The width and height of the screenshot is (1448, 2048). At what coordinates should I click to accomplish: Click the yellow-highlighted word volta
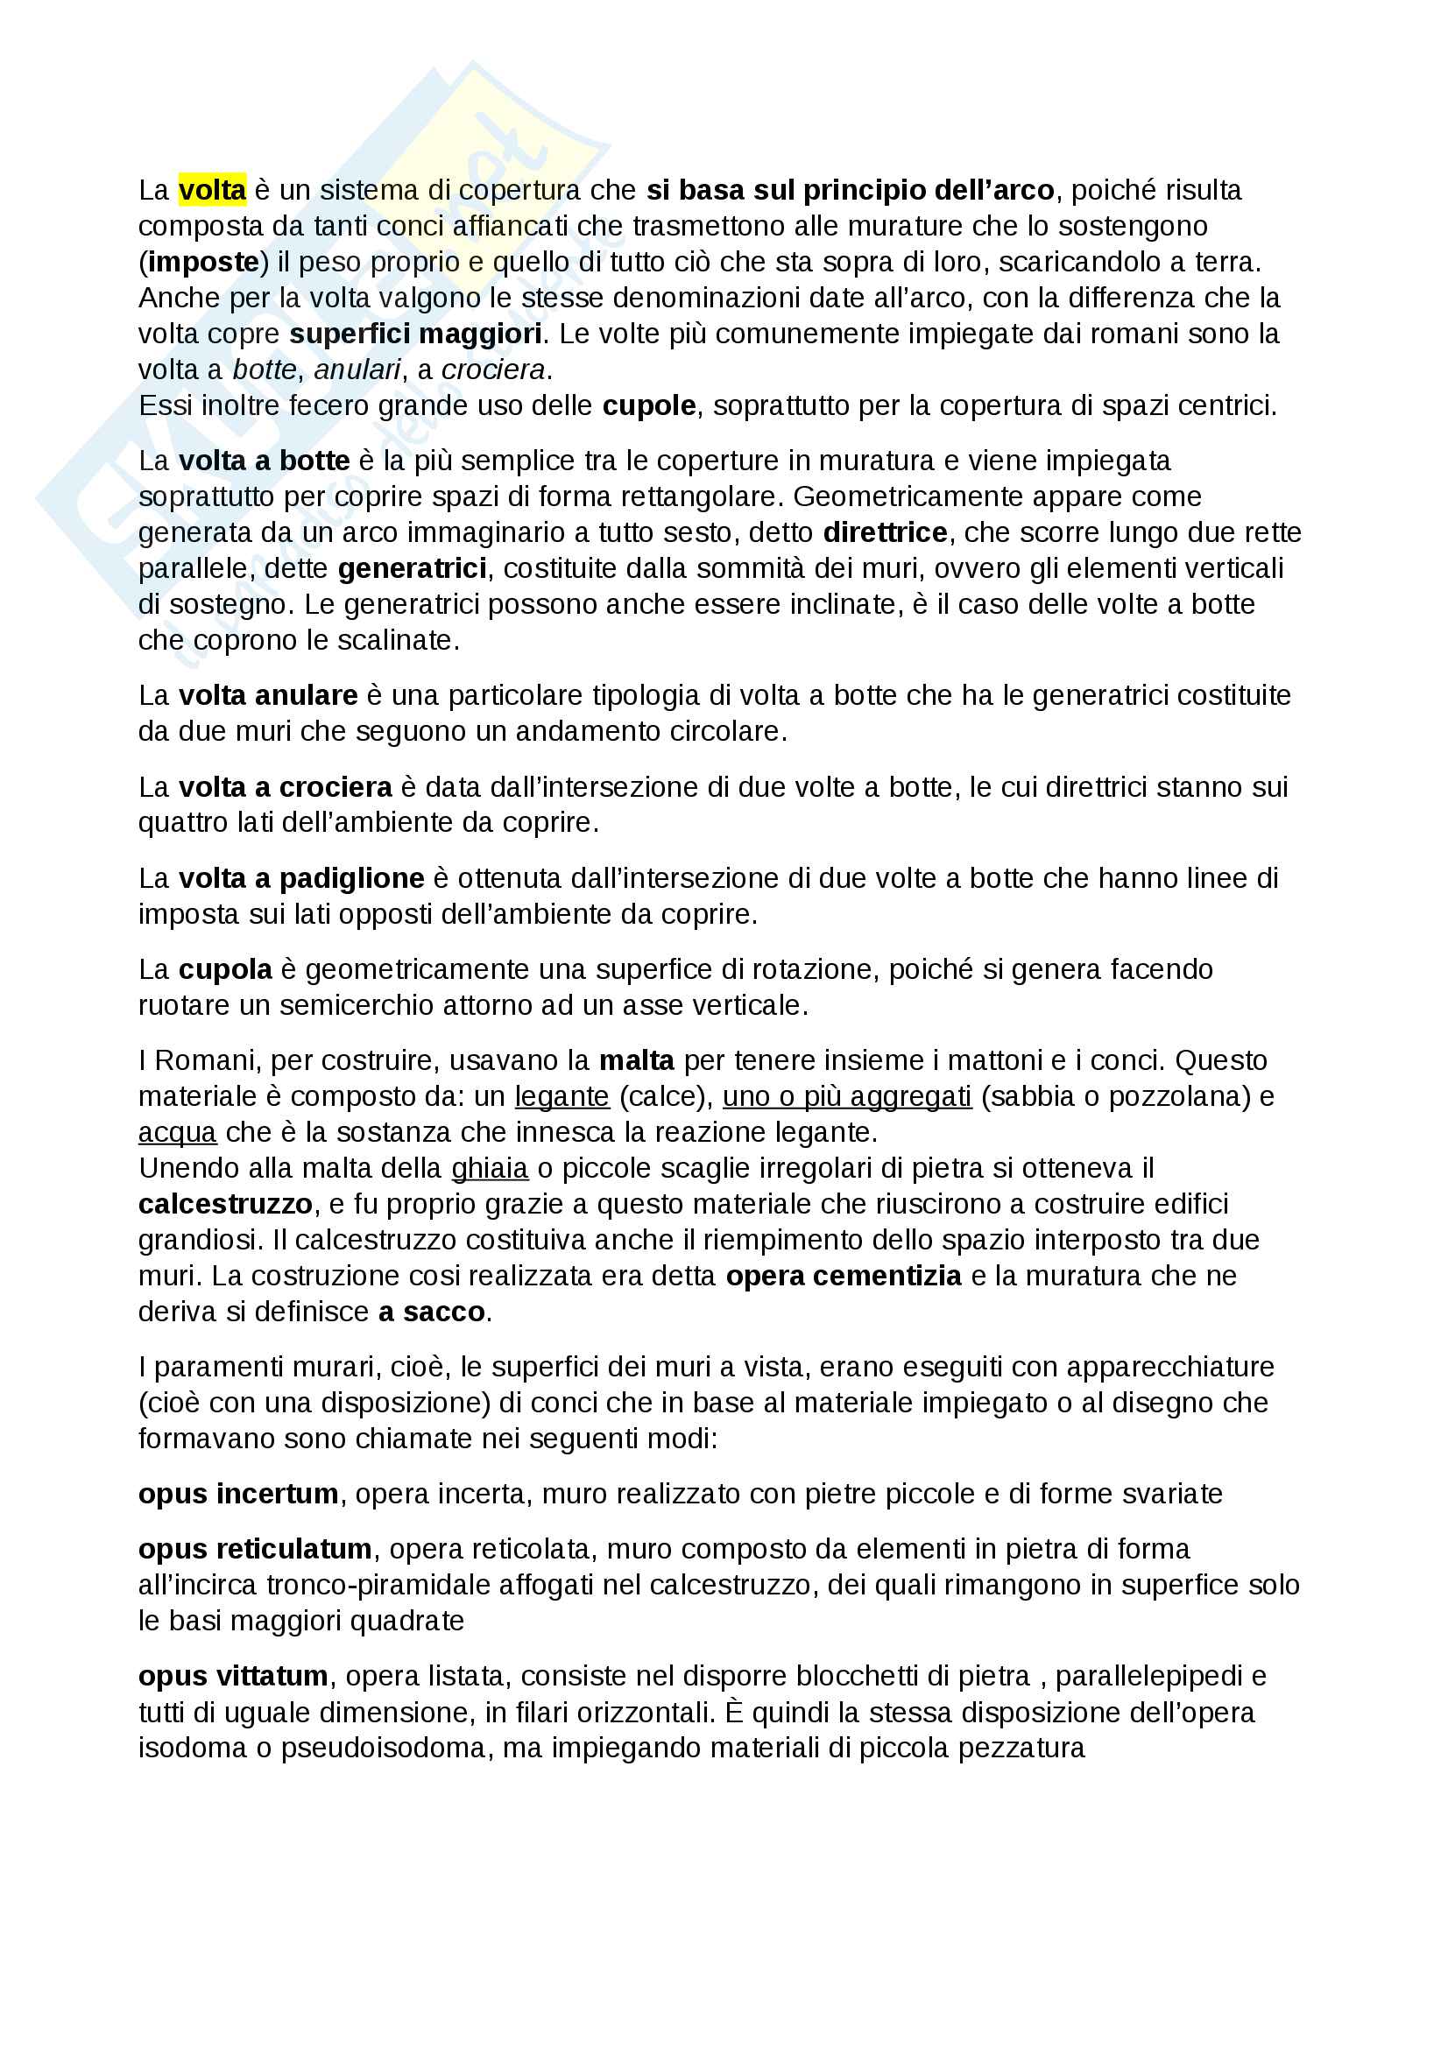(212, 191)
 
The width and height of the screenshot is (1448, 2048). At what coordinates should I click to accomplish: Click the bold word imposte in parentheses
(203, 263)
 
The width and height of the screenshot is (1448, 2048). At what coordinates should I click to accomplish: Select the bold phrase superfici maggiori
(416, 334)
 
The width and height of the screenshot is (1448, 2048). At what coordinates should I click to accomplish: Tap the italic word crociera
(493, 370)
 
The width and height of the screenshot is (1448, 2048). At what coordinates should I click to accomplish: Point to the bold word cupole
(648, 406)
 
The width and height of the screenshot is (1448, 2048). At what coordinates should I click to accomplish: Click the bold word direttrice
(885, 532)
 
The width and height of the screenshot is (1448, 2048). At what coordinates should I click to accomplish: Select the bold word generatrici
(413, 568)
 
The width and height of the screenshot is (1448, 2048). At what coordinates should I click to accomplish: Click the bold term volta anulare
(268, 695)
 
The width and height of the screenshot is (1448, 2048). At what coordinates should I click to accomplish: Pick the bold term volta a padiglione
(301, 878)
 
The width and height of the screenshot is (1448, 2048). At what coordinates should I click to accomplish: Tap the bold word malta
(636, 1060)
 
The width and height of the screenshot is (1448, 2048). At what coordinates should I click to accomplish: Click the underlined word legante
(562, 1096)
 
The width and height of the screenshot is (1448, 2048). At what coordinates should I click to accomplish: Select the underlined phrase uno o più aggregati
(847, 1096)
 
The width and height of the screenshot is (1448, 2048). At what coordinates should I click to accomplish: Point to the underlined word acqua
(178, 1133)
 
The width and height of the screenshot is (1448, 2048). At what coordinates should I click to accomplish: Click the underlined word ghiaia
(490, 1169)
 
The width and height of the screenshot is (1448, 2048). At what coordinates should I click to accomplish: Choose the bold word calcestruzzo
(226, 1204)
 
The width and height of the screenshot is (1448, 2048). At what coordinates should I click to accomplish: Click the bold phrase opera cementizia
(843, 1277)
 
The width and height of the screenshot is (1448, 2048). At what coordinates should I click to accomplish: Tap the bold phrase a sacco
(432, 1313)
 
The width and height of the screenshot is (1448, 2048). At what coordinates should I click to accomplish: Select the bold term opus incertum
(238, 1494)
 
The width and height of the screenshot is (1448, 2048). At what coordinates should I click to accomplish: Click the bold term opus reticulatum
(255, 1550)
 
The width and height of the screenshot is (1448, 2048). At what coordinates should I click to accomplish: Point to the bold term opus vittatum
(234, 1676)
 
